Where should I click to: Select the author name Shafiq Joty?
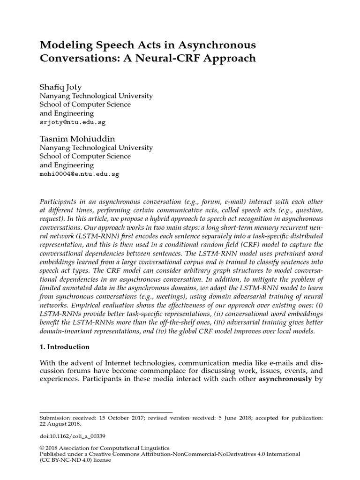point(62,87)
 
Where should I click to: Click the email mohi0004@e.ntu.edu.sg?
point(79,173)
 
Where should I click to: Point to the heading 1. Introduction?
point(64,347)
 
